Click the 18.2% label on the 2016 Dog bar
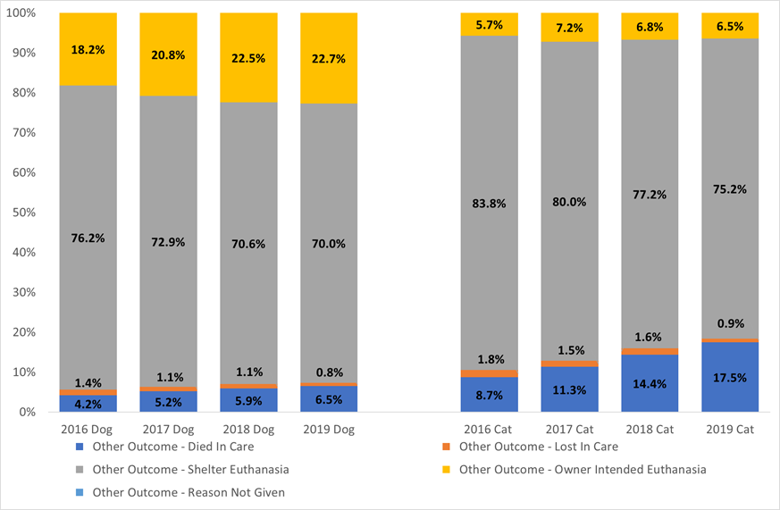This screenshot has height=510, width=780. pyautogui.click(x=88, y=52)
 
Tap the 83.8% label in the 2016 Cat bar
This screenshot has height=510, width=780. pyautogui.click(x=489, y=203)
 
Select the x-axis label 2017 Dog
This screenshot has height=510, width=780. pyautogui.click(x=168, y=430)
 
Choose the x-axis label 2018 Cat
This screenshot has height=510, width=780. pyautogui.click(x=650, y=430)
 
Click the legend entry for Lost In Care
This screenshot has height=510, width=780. pyautogui.click(x=538, y=447)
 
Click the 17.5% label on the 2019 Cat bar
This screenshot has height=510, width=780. pyautogui.click(x=730, y=377)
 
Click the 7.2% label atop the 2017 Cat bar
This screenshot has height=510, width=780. pyautogui.click(x=569, y=29)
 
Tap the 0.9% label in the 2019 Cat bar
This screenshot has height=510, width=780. pyautogui.click(x=730, y=323)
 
